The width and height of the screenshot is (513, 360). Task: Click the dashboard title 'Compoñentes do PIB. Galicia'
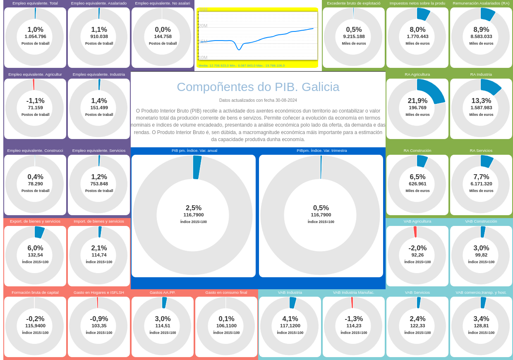[258, 87]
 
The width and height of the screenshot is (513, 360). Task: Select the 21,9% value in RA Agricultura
[417, 101]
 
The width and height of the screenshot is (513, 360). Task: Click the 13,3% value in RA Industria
[481, 101]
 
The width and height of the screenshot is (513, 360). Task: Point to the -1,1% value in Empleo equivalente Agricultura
[35, 101]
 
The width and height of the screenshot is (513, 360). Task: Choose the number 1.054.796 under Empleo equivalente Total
[35, 36]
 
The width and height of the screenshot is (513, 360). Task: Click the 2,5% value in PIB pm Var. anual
[194, 208]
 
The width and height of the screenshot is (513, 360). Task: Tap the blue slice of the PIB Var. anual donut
[197, 167]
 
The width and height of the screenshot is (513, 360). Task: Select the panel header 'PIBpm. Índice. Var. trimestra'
[321, 151]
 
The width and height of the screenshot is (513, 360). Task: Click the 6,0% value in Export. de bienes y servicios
[35, 248]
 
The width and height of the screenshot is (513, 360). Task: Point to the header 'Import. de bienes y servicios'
[99, 221]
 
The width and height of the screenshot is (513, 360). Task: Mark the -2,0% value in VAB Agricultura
[417, 248]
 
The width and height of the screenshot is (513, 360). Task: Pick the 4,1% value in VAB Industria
[290, 319]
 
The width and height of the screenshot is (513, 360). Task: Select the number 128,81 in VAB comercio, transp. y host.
[481, 326]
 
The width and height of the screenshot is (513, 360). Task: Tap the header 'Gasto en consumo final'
[226, 293]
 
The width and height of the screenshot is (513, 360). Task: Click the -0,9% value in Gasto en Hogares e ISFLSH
[99, 319]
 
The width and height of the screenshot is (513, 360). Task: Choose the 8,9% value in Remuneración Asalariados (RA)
[481, 29]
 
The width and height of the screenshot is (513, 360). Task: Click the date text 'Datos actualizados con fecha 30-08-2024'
[258, 101]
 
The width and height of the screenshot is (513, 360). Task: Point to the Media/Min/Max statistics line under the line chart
[242, 65]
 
